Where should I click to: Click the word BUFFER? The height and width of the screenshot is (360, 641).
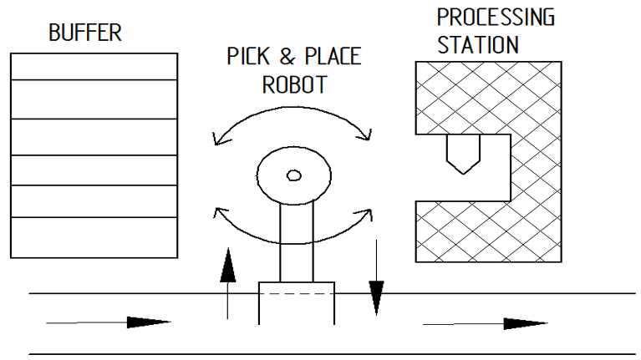click(x=85, y=33)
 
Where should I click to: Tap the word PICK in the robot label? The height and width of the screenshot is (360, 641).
click(x=248, y=56)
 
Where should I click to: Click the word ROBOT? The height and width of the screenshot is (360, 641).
click(x=294, y=84)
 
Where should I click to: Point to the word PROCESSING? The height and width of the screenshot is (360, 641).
click(x=496, y=18)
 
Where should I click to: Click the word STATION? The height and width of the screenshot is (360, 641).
click(x=478, y=45)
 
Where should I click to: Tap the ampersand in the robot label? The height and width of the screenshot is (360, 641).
click(x=287, y=57)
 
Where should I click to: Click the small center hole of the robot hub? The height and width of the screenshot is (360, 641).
click(x=294, y=175)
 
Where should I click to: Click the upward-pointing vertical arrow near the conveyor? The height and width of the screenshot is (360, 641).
click(x=227, y=283)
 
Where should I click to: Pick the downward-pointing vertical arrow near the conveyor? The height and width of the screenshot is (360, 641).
click(x=377, y=278)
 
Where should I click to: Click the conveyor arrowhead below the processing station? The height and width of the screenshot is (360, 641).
click(x=526, y=323)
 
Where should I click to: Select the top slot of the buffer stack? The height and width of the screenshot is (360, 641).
click(x=94, y=67)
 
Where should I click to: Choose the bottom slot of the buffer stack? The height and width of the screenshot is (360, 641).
click(x=94, y=237)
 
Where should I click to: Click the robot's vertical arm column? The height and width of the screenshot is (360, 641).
click(x=297, y=242)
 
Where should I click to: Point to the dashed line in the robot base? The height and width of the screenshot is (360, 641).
click(x=297, y=294)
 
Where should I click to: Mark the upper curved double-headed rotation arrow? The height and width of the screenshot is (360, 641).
click(x=293, y=108)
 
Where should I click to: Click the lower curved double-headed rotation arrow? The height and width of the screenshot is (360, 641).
click(x=293, y=244)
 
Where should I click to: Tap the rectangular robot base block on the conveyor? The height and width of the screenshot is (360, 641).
click(x=297, y=303)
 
